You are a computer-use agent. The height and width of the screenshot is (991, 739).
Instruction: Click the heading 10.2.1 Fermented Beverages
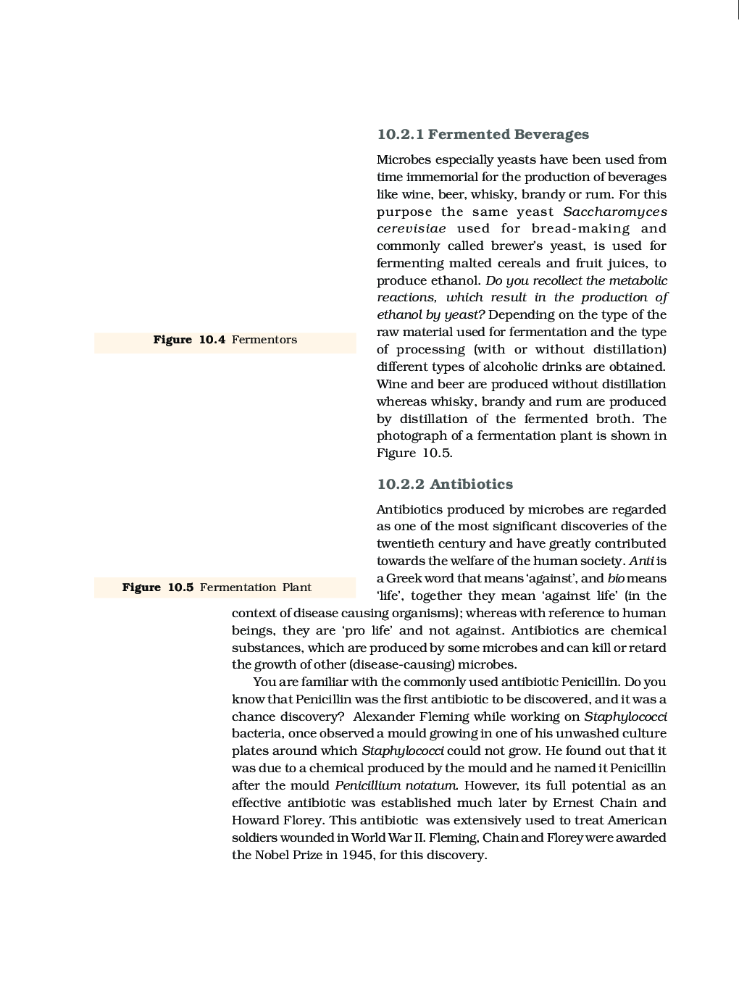click(x=483, y=134)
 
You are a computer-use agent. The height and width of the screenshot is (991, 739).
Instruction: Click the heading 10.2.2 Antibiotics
click(x=444, y=484)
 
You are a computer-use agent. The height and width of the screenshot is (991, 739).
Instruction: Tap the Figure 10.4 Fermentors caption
click(x=225, y=340)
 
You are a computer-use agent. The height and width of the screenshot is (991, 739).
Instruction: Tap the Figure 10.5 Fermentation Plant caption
click(x=217, y=588)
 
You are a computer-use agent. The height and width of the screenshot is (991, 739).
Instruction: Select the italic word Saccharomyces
click(x=614, y=212)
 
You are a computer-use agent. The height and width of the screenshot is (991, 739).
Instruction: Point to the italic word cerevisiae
click(x=411, y=229)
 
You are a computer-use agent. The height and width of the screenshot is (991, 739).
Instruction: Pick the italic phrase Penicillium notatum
click(x=396, y=785)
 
